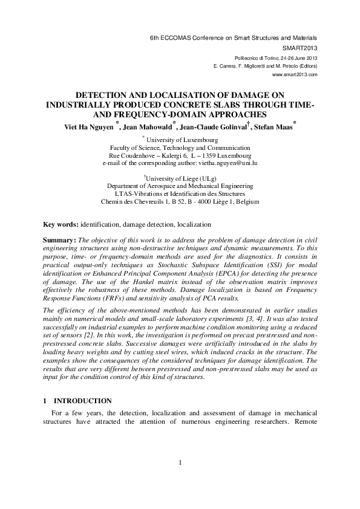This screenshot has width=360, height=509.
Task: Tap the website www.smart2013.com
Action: click(x=295, y=74)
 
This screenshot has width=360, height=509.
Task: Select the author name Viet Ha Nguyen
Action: click(x=90, y=127)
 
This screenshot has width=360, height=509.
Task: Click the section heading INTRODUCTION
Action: click(x=82, y=401)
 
